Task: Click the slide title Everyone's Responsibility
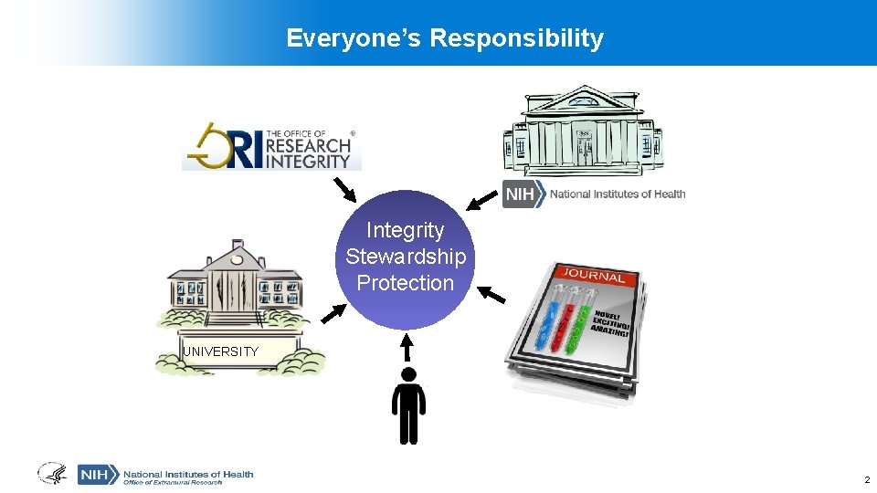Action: click(x=445, y=38)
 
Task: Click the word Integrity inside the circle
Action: click(x=405, y=230)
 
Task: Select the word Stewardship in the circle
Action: click(x=405, y=257)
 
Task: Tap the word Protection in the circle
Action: click(x=405, y=283)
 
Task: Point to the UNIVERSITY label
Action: click(x=220, y=351)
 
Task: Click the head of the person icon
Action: click(x=408, y=374)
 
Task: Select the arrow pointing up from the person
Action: click(x=408, y=346)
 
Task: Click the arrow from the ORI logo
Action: click(x=344, y=189)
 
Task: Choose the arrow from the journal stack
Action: click(x=491, y=294)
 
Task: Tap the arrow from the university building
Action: click(x=334, y=312)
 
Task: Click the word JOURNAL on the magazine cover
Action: click(x=594, y=276)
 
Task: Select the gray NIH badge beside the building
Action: click(x=523, y=194)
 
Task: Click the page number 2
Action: click(x=867, y=479)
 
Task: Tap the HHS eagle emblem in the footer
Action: click(x=51, y=473)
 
